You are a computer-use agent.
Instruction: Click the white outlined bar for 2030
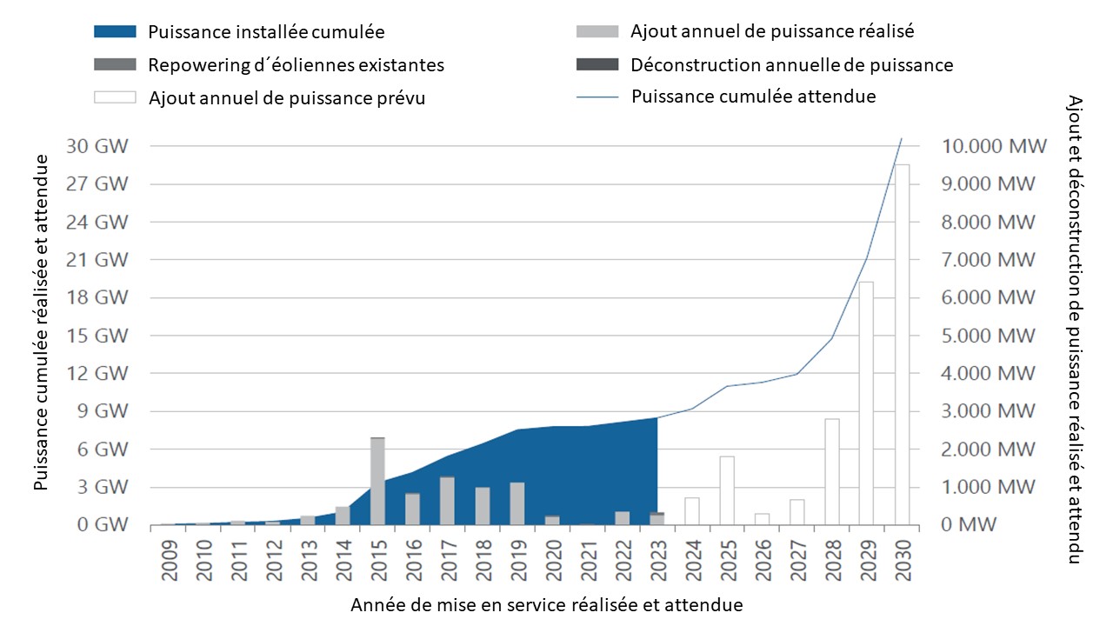[x=903, y=344]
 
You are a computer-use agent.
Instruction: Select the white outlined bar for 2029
[x=866, y=403]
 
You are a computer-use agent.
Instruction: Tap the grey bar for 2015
[x=377, y=481]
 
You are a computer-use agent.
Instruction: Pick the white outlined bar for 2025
[x=727, y=490]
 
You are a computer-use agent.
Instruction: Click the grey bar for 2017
[x=447, y=501]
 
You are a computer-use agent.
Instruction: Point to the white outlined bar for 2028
[x=832, y=471]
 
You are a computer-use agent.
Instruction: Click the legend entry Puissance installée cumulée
[x=266, y=32]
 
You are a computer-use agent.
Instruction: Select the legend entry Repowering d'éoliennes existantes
[x=296, y=65]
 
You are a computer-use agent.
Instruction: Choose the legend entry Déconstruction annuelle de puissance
[x=791, y=65]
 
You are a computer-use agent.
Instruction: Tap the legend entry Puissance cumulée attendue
[x=753, y=97]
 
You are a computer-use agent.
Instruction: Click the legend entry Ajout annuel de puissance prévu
[x=287, y=97]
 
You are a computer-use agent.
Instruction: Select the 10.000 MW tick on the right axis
[x=989, y=146]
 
